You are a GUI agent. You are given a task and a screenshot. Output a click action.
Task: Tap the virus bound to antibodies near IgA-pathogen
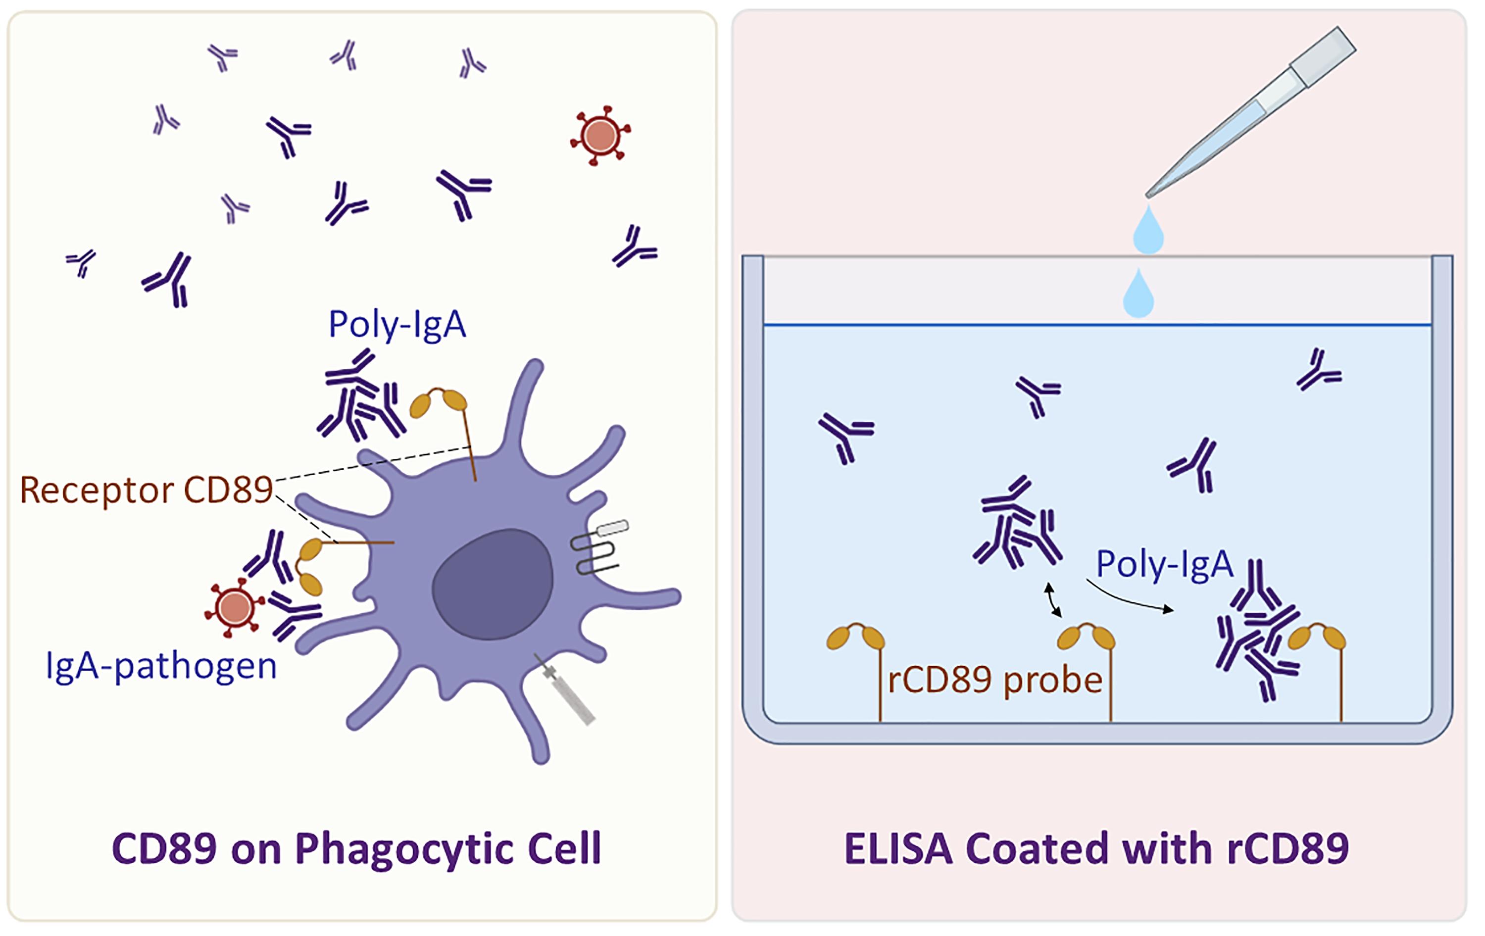(234, 608)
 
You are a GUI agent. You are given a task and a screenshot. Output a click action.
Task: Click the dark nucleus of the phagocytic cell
(492, 584)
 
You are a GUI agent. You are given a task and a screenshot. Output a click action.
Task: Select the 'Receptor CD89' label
(146, 490)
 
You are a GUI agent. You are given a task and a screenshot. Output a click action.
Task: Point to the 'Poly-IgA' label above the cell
(397, 325)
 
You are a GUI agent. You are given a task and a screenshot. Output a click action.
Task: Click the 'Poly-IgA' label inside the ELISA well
(1164, 564)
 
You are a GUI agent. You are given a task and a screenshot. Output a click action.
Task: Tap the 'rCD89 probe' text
(995, 681)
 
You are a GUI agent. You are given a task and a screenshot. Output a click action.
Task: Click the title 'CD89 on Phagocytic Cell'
(356, 849)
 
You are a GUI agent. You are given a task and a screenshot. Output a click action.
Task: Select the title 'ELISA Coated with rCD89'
(1096, 849)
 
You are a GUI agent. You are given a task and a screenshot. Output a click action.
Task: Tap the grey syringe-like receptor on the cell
(565, 690)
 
